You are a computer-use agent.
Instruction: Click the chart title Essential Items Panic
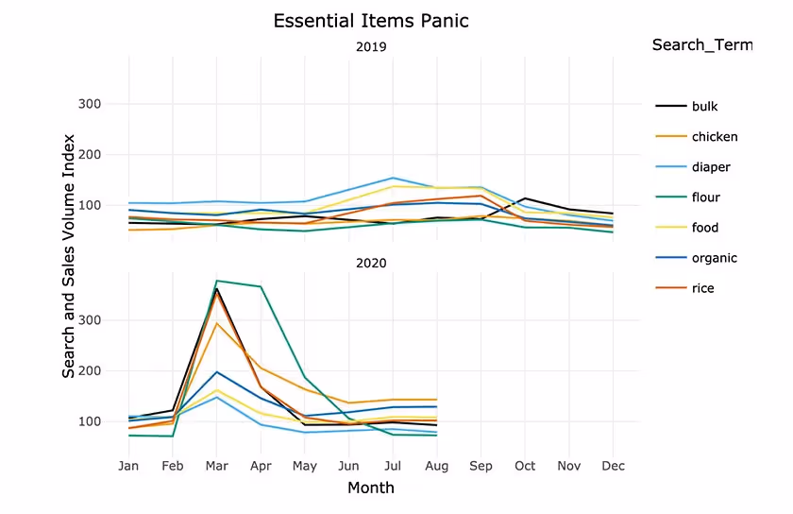(370, 21)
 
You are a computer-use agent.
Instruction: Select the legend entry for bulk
(704, 107)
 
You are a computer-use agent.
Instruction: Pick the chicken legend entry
(714, 137)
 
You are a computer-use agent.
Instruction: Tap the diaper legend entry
(711, 167)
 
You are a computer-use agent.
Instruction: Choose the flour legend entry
(705, 197)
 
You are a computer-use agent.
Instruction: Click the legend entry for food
(704, 228)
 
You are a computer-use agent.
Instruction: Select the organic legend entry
(714, 258)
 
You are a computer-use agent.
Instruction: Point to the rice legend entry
(702, 288)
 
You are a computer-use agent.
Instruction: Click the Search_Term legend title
(701, 45)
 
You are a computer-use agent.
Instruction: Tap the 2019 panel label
(371, 47)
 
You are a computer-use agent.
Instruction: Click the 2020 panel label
(371, 263)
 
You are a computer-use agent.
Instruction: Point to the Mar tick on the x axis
(217, 466)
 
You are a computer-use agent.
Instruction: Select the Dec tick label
(614, 466)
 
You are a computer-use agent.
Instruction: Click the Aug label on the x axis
(437, 466)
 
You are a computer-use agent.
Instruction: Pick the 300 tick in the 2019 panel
(115, 104)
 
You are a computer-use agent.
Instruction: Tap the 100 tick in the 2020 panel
(115, 421)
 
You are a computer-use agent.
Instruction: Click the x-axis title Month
(371, 488)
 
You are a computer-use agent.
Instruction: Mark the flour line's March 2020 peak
(217, 281)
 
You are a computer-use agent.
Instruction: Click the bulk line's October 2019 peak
(526, 198)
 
